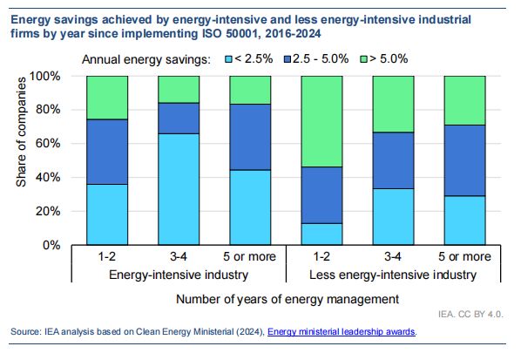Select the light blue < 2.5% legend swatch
229,59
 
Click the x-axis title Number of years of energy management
286,299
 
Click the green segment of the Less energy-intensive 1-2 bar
322,121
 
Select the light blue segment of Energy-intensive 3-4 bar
179,189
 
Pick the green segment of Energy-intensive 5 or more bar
251,90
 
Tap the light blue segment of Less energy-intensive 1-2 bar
322,234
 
